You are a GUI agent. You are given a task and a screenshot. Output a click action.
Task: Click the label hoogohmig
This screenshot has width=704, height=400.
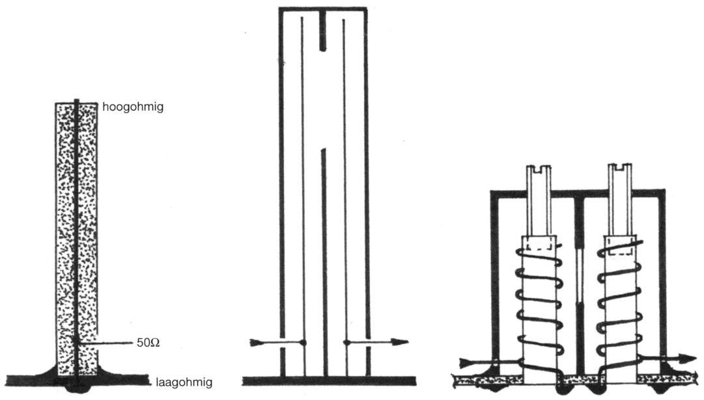click(x=132, y=107)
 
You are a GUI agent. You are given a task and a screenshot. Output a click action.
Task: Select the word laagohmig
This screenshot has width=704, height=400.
click(x=184, y=384)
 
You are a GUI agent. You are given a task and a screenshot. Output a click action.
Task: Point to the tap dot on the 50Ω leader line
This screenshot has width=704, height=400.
click(x=77, y=341)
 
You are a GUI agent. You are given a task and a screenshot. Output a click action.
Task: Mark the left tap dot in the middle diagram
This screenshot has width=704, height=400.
click(x=303, y=342)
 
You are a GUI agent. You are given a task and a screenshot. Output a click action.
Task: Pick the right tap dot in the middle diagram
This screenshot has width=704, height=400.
click(x=346, y=342)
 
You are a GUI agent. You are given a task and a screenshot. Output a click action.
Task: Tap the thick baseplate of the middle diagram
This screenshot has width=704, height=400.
click(x=329, y=380)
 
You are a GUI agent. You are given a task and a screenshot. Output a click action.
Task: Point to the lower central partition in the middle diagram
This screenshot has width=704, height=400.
click(x=324, y=260)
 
